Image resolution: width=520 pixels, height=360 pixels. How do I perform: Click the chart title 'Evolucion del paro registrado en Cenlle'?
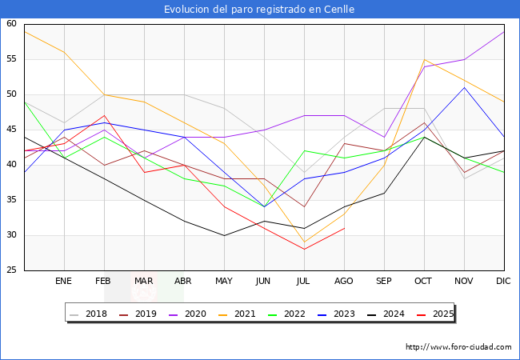coord(259,10)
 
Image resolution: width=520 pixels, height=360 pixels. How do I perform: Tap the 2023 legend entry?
coord(338,314)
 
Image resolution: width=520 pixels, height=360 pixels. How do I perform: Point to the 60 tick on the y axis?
coord(12,24)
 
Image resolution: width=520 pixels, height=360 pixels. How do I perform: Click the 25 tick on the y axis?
coord(12,270)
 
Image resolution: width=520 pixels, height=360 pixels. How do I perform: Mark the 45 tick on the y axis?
coord(12,130)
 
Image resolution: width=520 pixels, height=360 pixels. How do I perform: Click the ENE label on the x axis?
coord(63,282)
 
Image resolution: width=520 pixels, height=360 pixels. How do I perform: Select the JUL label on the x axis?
coord(304,282)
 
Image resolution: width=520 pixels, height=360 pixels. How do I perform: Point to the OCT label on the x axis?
coord(424,282)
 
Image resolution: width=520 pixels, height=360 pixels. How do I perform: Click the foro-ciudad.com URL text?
coord(458,347)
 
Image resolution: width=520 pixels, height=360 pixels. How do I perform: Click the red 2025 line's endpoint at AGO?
coord(344,228)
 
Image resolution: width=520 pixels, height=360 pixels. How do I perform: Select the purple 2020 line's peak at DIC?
coord(504,31)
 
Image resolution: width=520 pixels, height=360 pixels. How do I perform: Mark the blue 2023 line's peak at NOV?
coord(464,87)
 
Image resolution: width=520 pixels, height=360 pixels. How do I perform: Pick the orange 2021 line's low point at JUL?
coord(304,242)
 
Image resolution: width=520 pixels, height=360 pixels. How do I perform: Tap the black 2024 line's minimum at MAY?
coord(224,235)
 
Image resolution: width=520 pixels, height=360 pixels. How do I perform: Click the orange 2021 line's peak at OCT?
coord(424,59)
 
